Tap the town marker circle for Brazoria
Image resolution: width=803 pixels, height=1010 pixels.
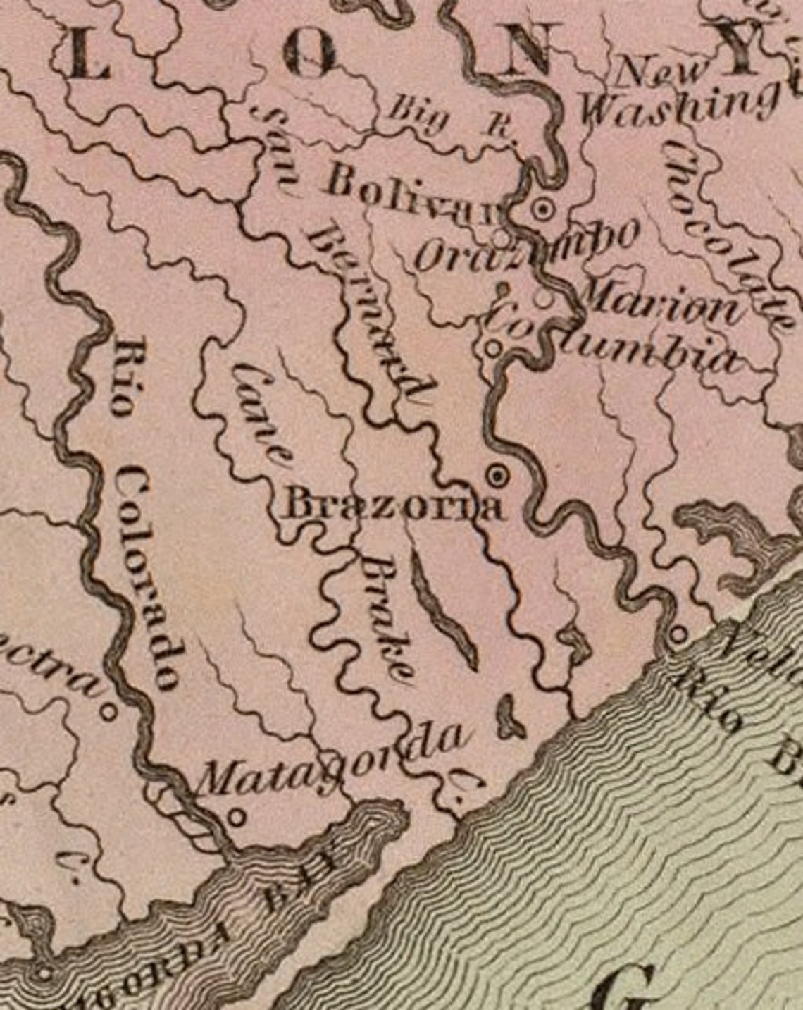[x=499, y=476]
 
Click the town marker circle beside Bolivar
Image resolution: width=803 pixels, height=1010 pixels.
[x=543, y=209]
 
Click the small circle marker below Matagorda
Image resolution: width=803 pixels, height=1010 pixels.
[x=237, y=818]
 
